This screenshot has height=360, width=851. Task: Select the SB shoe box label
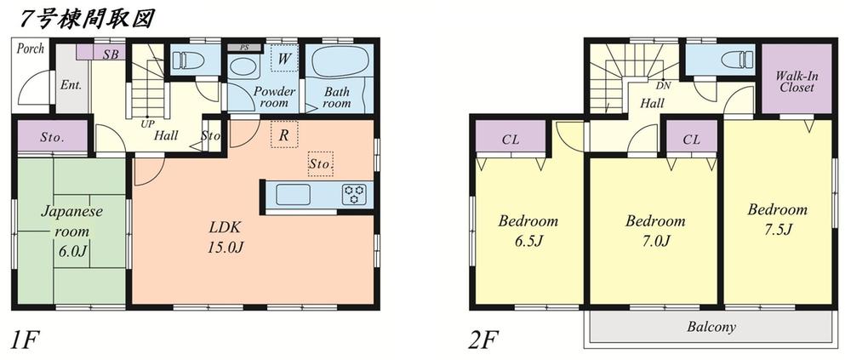[x=111, y=54]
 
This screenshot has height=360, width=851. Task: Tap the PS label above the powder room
[x=244, y=47]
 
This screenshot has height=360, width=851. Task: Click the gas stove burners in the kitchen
[x=354, y=194]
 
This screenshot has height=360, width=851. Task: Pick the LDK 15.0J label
[x=226, y=237]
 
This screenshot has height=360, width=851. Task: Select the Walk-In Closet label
[x=796, y=82]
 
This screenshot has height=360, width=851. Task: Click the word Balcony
[x=711, y=327]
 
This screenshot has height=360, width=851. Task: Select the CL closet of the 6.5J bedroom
[x=511, y=137]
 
